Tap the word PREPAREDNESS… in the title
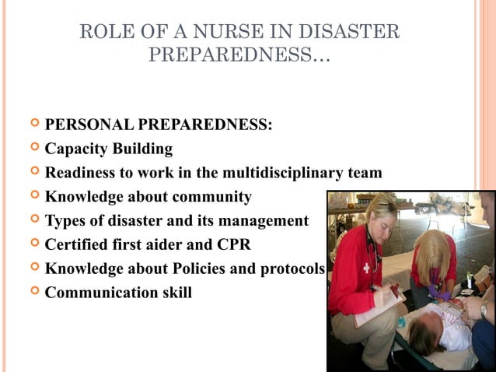click(239, 57)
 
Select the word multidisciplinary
click(278, 173)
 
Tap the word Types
click(66, 221)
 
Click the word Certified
click(79, 244)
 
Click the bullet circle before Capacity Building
click(33, 147)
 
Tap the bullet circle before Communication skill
click(33, 292)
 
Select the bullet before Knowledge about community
click(33, 195)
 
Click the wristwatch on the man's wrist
click(483, 310)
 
